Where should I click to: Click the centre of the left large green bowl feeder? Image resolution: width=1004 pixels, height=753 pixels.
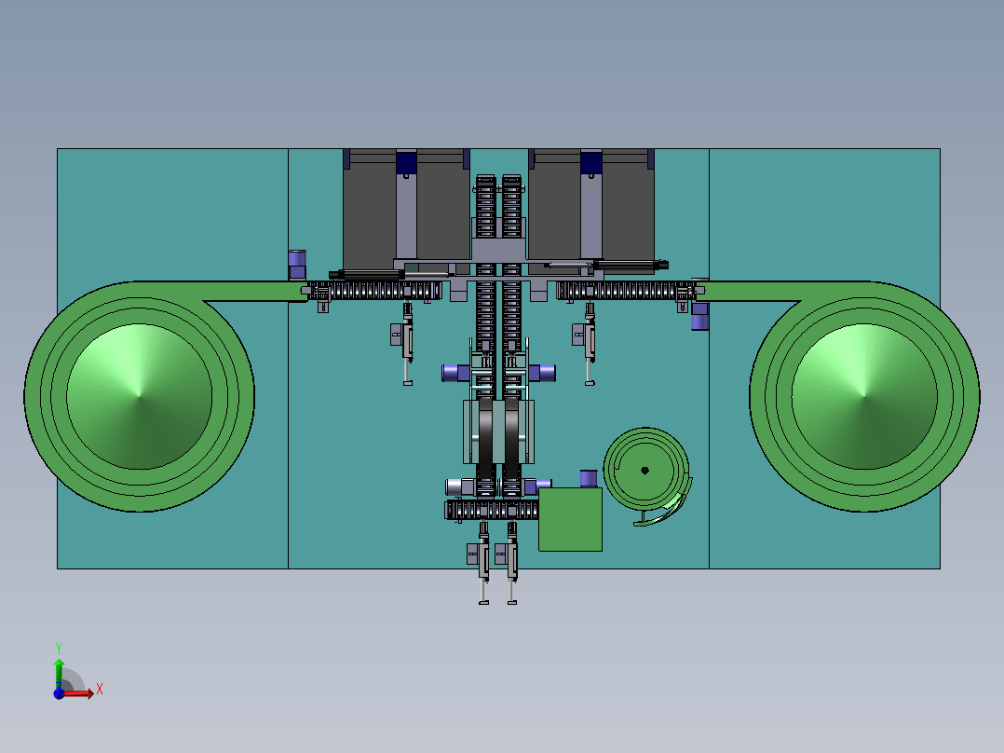click(140, 397)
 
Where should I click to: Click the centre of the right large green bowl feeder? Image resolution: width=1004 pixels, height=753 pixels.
click(864, 397)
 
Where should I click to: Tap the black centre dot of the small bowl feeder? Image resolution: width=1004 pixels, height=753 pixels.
click(644, 471)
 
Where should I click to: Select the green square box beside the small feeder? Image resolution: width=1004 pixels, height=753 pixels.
click(570, 519)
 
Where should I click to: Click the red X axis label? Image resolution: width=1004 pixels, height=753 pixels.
click(100, 690)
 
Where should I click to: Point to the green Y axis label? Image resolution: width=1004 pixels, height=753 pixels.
click(59, 649)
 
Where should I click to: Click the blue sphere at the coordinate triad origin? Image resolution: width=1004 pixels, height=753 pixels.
click(59, 693)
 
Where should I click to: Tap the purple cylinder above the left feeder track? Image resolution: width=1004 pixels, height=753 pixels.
click(297, 265)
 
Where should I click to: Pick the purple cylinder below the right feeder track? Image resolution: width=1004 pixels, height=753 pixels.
click(699, 317)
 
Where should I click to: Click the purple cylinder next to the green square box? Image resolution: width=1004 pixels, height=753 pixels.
click(589, 478)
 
